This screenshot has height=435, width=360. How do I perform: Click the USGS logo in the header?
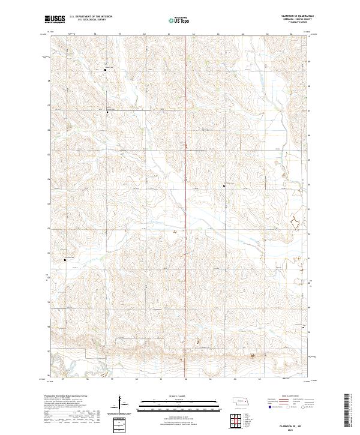click(x=55, y=20)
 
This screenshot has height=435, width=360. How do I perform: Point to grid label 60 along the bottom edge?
click(x=137, y=379)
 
